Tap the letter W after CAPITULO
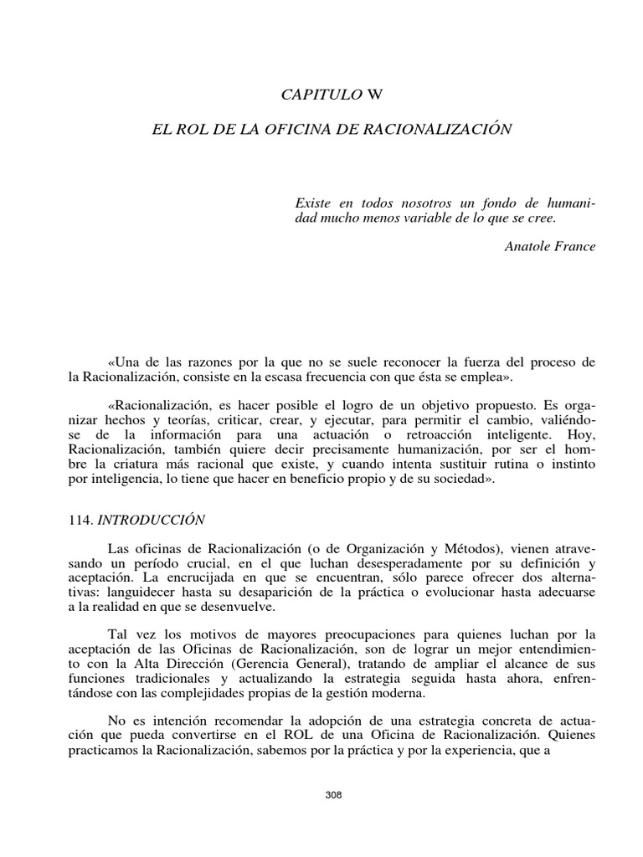click(x=374, y=94)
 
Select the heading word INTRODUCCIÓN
click(x=152, y=519)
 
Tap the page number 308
click(x=333, y=794)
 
